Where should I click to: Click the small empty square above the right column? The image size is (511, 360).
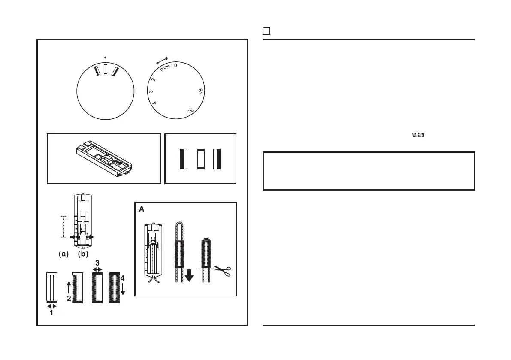point(266,31)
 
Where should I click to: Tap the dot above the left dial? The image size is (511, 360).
point(105,57)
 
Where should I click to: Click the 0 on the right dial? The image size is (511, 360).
point(175,65)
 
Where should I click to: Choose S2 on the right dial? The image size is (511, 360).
point(190,110)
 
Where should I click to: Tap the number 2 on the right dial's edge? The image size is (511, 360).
point(154,79)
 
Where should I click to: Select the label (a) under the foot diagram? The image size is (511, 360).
point(63,254)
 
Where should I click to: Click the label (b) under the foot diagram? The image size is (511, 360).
point(83,254)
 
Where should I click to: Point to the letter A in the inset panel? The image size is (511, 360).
point(141,209)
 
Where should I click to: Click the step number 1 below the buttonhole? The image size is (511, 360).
point(51,313)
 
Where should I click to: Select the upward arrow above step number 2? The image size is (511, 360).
point(69,287)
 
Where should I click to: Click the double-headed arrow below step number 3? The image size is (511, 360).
point(98,269)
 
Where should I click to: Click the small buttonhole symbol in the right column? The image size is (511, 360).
point(418,136)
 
